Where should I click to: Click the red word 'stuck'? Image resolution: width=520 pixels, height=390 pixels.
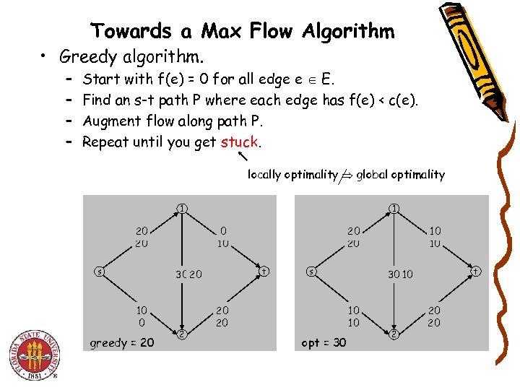click(240, 142)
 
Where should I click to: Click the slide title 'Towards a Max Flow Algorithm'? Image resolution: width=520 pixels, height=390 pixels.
click(243, 31)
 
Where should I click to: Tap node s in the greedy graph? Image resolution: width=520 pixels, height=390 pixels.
click(99, 272)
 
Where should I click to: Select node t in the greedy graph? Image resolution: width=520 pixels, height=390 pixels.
click(265, 272)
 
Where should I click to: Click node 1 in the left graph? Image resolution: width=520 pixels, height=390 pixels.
click(182, 209)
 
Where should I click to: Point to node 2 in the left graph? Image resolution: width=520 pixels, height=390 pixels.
click(182, 333)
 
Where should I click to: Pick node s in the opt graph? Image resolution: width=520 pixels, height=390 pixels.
click(311, 272)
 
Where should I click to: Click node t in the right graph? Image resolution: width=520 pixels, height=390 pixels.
click(477, 272)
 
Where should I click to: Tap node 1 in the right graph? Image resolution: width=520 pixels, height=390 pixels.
click(394, 209)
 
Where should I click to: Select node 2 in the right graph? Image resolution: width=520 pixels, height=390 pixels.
click(394, 333)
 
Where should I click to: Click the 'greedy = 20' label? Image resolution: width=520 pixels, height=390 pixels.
click(121, 342)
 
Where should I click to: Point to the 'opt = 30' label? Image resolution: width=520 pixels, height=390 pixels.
click(324, 342)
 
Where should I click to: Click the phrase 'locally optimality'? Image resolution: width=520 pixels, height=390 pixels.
click(292, 174)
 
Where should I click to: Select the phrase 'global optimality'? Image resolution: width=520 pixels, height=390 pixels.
click(401, 174)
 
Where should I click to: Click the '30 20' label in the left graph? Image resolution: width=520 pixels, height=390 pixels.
click(188, 274)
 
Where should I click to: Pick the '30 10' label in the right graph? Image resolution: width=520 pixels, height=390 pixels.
click(400, 274)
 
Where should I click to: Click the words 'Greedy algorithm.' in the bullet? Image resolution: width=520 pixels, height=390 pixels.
click(132, 56)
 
